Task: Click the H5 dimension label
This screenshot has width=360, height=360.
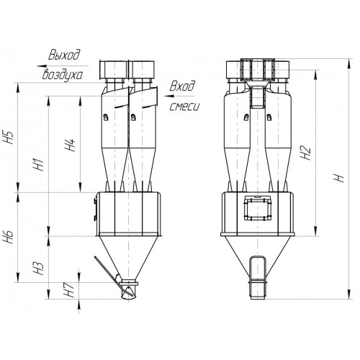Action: tap(9, 138)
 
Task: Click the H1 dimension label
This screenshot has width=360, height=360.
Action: tap(40, 164)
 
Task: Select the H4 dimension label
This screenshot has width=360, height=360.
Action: tap(71, 145)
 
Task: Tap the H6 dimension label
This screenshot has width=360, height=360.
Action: tap(9, 237)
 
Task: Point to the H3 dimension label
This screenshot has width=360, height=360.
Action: tap(40, 268)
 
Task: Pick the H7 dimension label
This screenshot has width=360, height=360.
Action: tap(71, 291)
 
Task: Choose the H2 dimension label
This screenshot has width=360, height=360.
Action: tap(305, 153)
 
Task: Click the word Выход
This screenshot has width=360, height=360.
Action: tap(64, 55)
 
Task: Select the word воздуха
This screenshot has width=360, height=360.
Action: tap(63, 75)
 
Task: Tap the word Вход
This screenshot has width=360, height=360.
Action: tap(182, 86)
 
